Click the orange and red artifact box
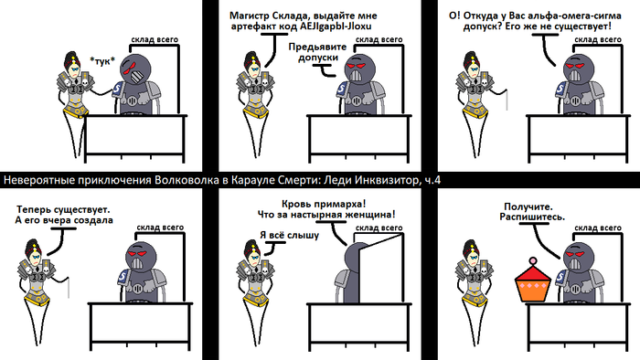pos(533,281)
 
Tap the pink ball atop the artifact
pos(533,260)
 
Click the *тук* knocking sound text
pos(102,61)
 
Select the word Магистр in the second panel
pos(246,16)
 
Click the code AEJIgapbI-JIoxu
pos(336,26)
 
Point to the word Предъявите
pos(317,47)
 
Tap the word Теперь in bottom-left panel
pos(30,209)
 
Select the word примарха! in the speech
pos(345,204)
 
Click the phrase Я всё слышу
pos(290,235)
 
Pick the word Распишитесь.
pos(532,217)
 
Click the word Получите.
pos(528,206)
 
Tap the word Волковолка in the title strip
pos(187,180)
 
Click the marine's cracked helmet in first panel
pos(135,69)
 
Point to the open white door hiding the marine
pos(379,268)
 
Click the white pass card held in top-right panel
pos(507,100)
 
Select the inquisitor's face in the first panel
pos(74,70)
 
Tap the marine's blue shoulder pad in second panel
pos(342,90)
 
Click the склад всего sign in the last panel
pos(598,228)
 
